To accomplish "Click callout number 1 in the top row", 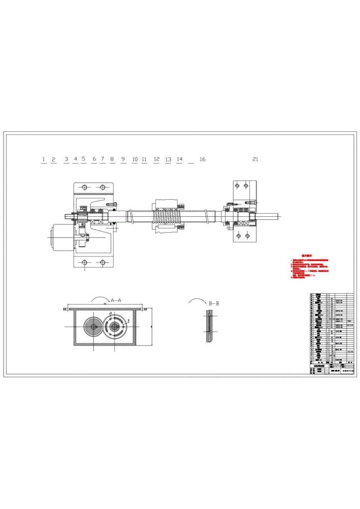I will click(43, 159).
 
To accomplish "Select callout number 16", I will click(202, 159).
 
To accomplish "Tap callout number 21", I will click(256, 159).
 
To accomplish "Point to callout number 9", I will click(123, 159).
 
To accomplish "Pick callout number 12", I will click(157, 159).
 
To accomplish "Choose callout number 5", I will click(84, 159).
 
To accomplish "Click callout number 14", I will click(180, 159).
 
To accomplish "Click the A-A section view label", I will click(116, 300).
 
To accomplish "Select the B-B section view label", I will click(214, 303).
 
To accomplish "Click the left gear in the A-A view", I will click(92, 326).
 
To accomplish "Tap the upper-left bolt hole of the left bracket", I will click(85, 187).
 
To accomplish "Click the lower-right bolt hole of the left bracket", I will click(102, 262).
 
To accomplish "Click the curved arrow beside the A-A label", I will click(100, 299).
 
